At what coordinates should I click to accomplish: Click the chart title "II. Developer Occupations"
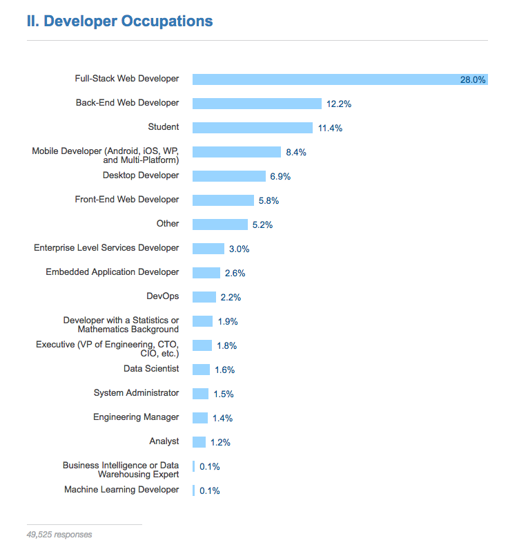tap(119, 21)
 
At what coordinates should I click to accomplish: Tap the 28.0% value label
tap(473, 80)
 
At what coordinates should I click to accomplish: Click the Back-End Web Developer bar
tap(257, 104)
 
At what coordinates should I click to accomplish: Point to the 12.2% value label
tap(339, 104)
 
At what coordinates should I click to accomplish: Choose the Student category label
tap(164, 127)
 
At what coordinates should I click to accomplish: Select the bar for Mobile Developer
tap(237, 152)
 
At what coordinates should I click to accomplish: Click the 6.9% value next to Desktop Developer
tap(280, 177)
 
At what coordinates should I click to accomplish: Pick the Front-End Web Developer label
tap(127, 200)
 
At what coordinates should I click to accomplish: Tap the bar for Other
tap(220, 225)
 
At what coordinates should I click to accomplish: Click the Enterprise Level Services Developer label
tap(106, 248)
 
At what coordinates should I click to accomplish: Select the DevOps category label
tap(163, 296)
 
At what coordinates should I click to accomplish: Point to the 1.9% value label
tap(227, 322)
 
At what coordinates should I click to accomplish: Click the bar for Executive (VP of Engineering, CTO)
tap(202, 345)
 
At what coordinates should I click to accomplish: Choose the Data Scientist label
tap(151, 369)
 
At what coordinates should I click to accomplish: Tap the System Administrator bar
tap(200, 394)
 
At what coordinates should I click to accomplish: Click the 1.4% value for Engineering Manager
tap(222, 419)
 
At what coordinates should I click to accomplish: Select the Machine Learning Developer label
tap(121, 490)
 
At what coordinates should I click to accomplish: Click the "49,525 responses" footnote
tap(59, 535)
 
